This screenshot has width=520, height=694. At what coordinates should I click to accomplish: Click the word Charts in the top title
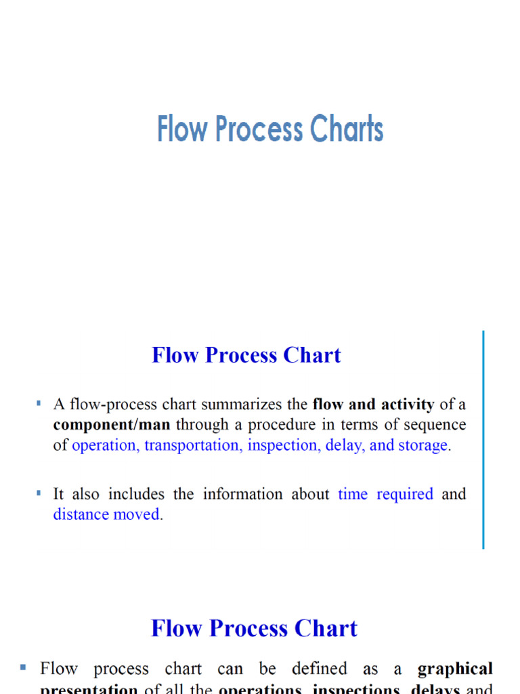click(x=345, y=129)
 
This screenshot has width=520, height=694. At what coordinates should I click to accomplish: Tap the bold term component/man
click(x=112, y=425)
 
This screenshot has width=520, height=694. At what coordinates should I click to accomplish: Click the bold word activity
click(x=408, y=405)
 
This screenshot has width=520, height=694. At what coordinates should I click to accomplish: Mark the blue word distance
click(x=78, y=514)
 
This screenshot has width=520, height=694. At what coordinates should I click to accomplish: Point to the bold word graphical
click(x=455, y=669)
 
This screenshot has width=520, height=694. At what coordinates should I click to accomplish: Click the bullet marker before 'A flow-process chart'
click(x=39, y=404)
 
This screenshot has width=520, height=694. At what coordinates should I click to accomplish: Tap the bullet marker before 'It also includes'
click(x=39, y=493)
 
